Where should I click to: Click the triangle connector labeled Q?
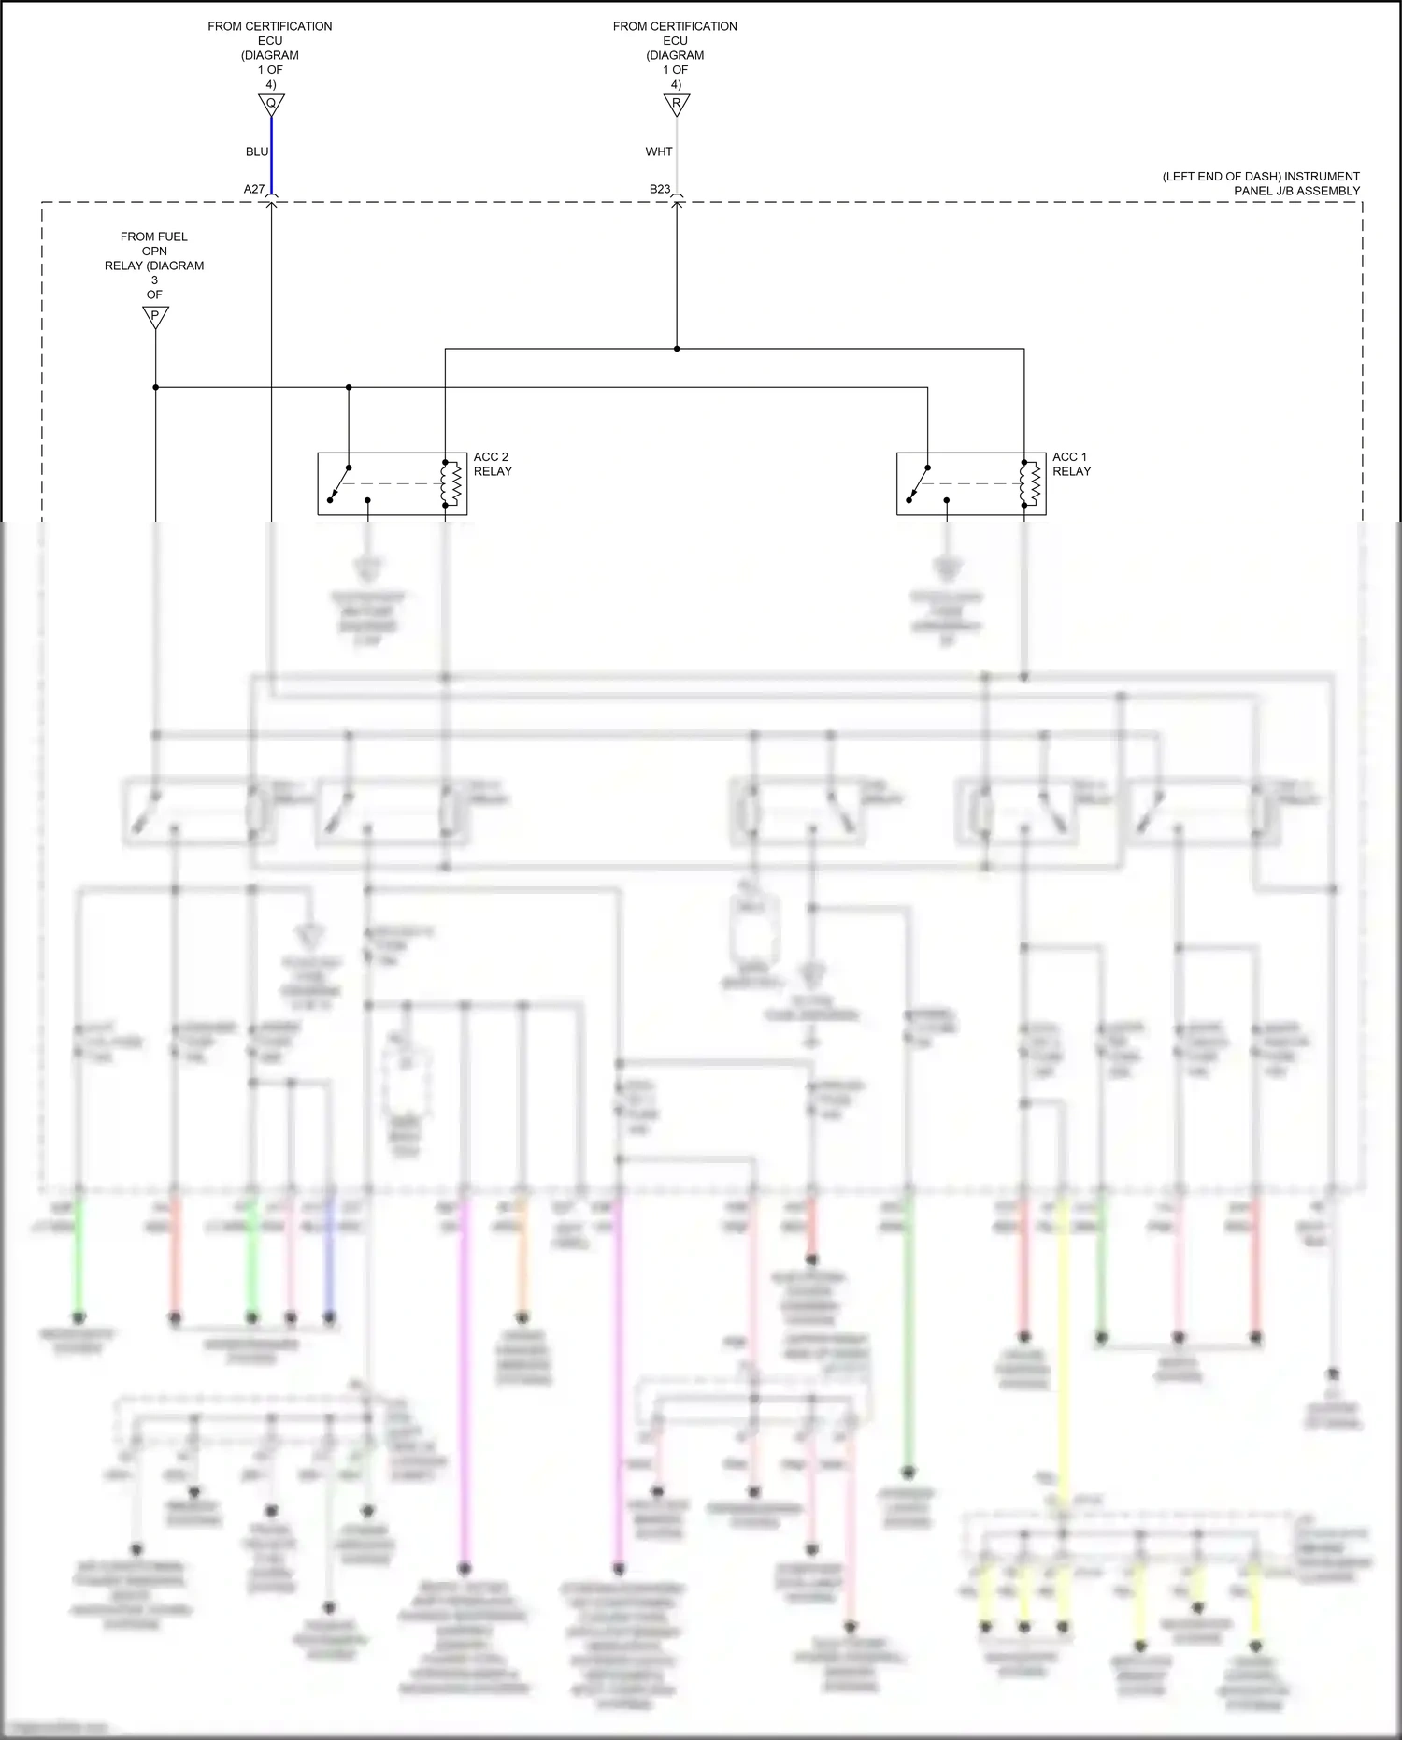point(271,103)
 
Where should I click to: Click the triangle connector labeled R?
point(677,103)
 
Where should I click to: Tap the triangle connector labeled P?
point(155,316)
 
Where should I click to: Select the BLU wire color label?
point(257,151)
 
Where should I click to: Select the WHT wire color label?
point(659,151)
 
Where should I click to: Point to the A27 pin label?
point(254,189)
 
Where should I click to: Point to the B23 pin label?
point(660,189)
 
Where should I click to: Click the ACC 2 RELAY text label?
point(493,464)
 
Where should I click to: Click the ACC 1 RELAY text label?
point(1071,464)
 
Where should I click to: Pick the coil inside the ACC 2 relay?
point(453,483)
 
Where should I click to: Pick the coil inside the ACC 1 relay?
point(1032,483)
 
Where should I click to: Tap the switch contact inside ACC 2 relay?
point(340,482)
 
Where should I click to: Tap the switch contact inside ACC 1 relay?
point(919,482)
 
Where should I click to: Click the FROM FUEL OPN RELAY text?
point(154,265)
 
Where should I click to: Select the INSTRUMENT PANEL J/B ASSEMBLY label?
point(1262,183)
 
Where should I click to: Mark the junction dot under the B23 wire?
point(677,349)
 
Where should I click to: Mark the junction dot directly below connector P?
point(155,387)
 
